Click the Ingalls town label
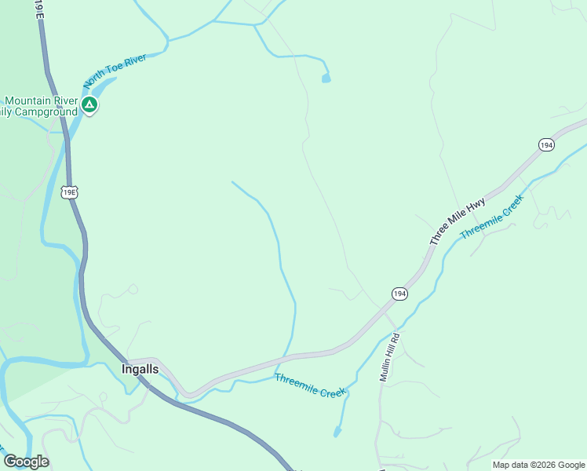(x=140, y=368)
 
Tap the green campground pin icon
(x=89, y=104)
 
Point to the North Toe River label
(x=115, y=68)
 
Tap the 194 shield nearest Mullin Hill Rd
(x=399, y=293)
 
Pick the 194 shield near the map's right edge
(x=546, y=144)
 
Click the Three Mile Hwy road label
(x=458, y=222)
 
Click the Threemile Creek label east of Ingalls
(x=311, y=385)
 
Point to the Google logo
(x=26, y=462)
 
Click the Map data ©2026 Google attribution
(x=538, y=465)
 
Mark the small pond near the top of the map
(x=326, y=78)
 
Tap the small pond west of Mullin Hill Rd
(x=337, y=431)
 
